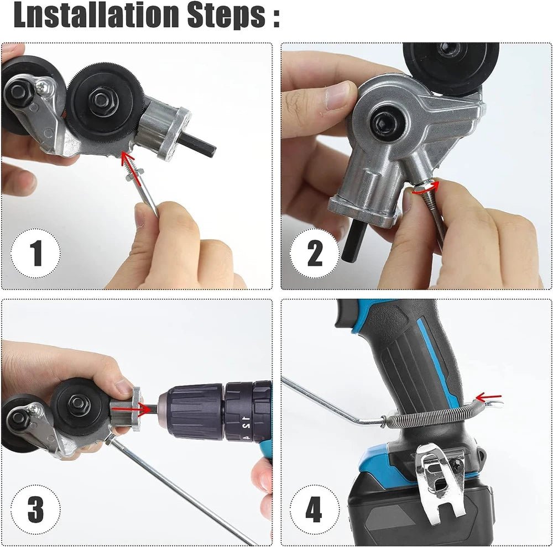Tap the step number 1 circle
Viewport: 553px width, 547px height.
pyautogui.click(x=35, y=254)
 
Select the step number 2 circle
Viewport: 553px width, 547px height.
pyautogui.click(x=314, y=254)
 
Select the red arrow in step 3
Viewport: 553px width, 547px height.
pyautogui.click(x=144, y=409)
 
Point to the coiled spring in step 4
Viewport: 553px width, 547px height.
pyautogui.click(x=431, y=417)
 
